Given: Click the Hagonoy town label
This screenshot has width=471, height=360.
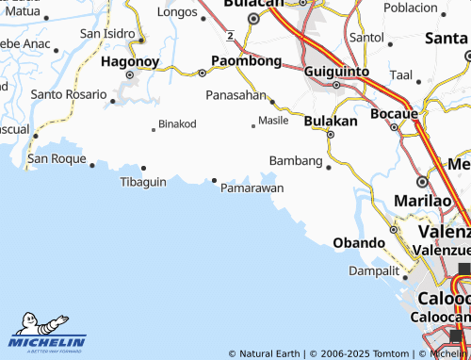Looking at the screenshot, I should (130, 60).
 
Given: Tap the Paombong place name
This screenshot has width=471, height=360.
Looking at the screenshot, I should (246, 60).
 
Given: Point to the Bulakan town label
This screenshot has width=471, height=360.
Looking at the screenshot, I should (331, 121).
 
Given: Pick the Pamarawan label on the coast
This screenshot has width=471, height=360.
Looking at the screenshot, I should (252, 188).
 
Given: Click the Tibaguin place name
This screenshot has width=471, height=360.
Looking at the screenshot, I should (143, 181).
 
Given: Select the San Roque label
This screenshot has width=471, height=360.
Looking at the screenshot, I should (56, 158).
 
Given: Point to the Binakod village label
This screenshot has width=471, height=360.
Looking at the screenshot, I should (177, 123).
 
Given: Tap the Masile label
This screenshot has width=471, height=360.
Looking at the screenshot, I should (273, 121).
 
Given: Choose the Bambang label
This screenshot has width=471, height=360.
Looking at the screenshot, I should (296, 161).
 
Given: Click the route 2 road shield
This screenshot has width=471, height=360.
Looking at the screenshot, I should (230, 35).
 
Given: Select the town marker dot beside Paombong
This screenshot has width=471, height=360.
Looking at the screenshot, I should (202, 72).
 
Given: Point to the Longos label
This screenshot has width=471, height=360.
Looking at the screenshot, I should (177, 12).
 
